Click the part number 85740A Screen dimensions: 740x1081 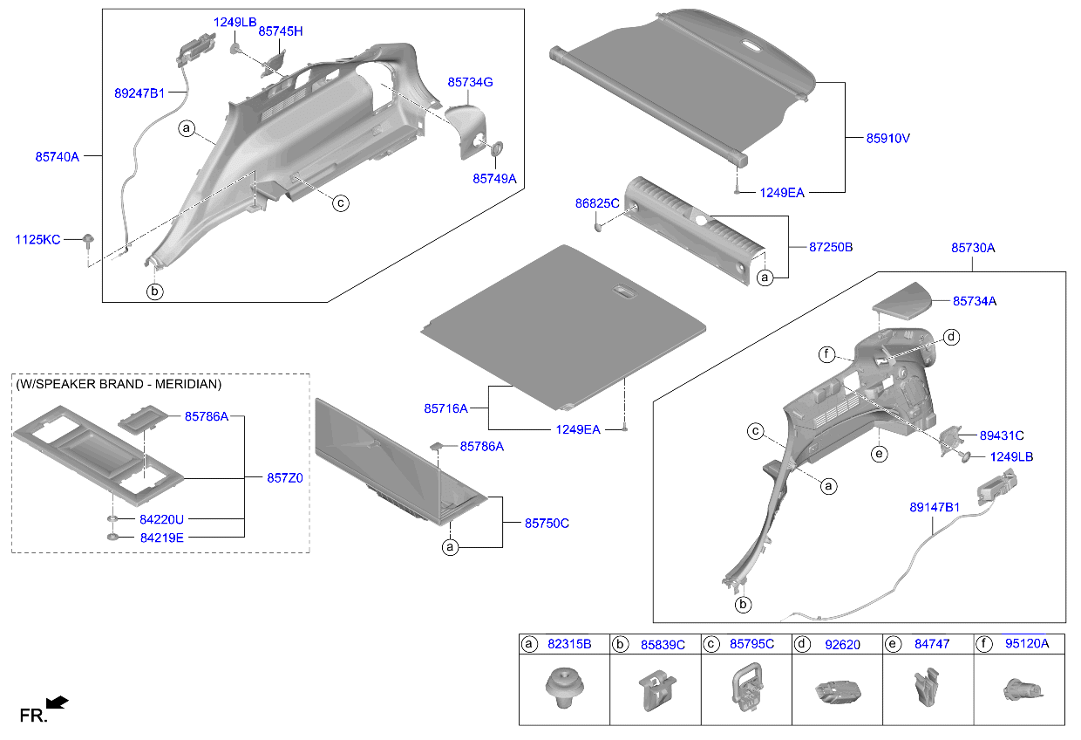pos(57,157)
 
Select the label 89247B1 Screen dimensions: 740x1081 pos(139,92)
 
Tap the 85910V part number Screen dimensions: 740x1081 pos(887,138)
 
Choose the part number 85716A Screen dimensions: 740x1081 pos(445,408)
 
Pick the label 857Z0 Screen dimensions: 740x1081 pos(284,478)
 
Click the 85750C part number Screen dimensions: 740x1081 pos(546,523)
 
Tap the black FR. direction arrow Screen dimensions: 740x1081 pos(57,702)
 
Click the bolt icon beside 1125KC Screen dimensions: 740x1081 pos(88,240)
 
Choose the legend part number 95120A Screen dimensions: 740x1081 pos(1026,644)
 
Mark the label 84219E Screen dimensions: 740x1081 pos(161,538)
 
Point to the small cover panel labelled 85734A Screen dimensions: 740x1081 pos(903,301)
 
